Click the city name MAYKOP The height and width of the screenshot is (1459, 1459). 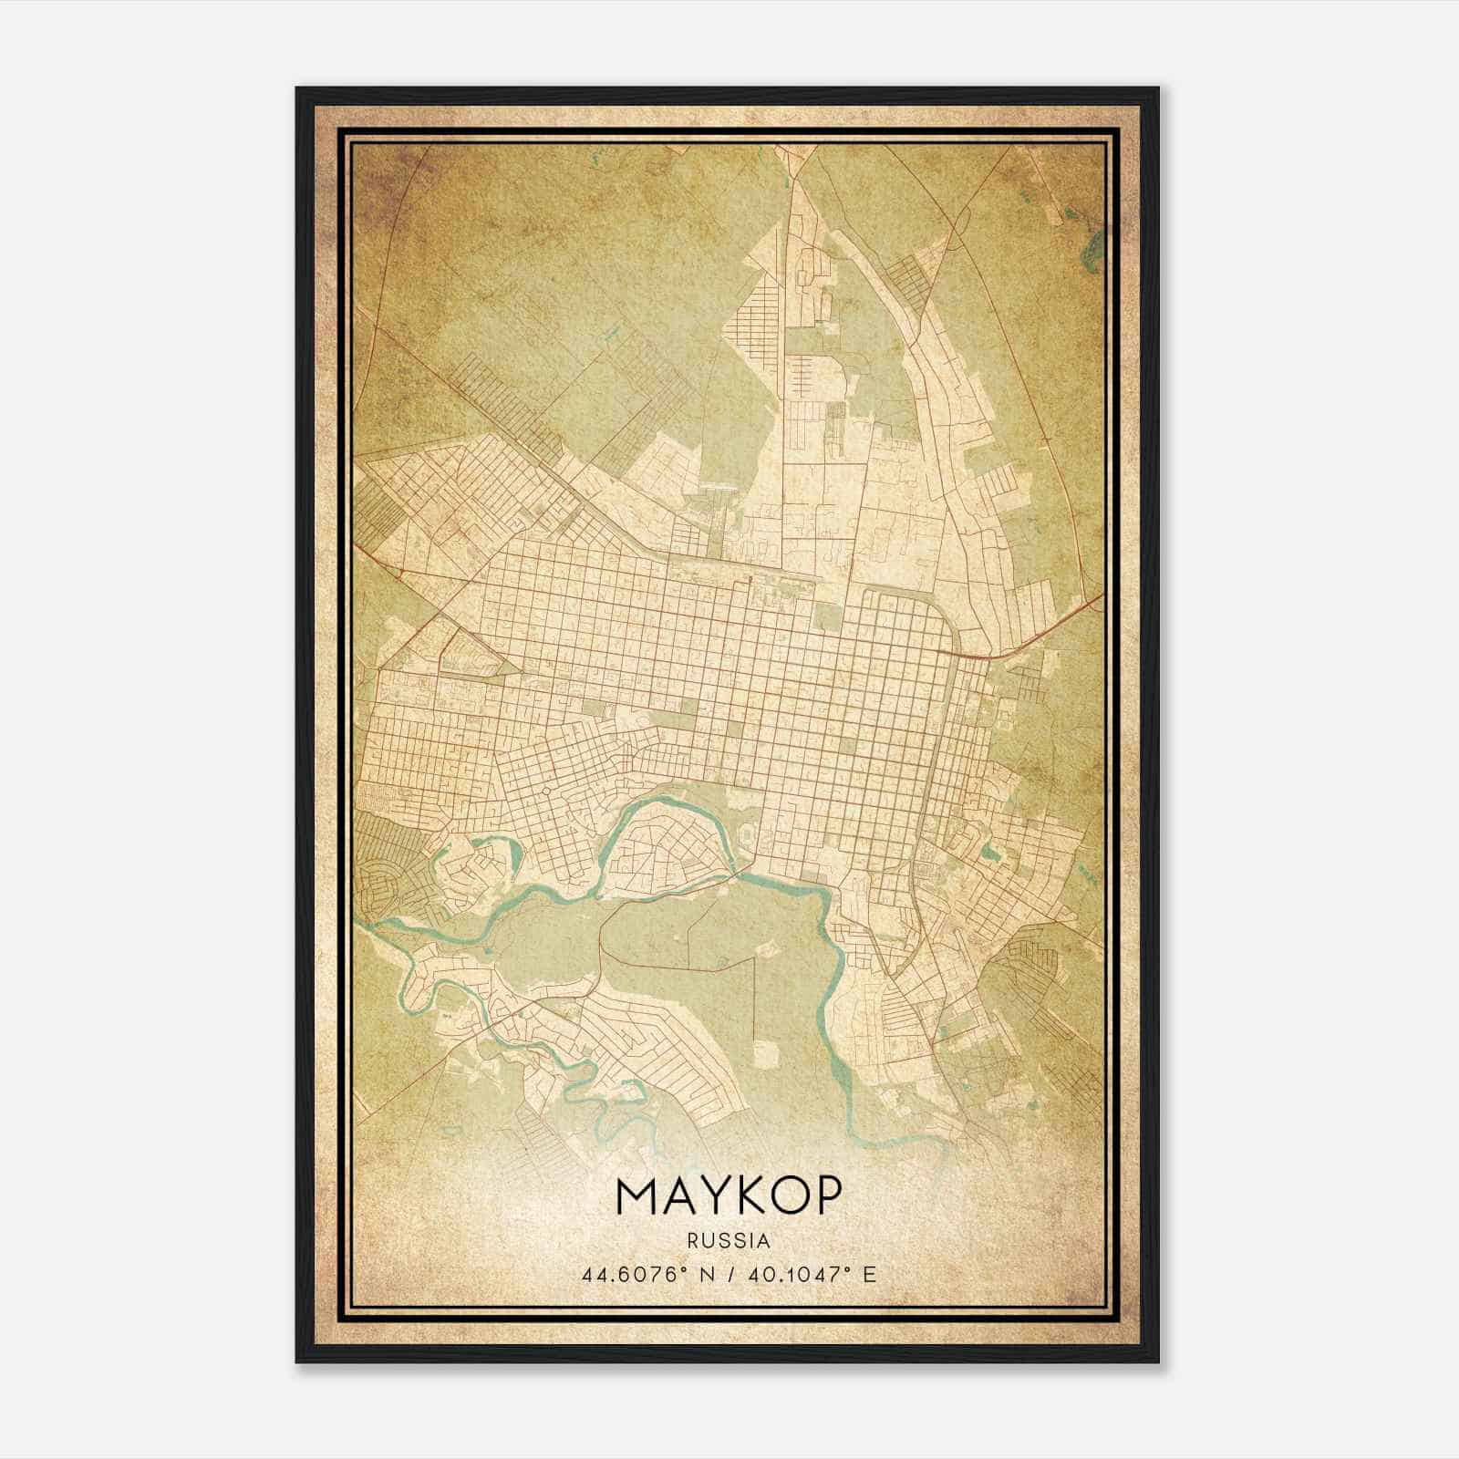click(x=729, y=1195)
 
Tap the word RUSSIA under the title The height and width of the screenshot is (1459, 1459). click(x=729, y=1241)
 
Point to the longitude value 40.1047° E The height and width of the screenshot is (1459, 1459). click(x=811, y=1274)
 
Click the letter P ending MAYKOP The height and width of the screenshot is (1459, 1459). click(x=823, y=1195)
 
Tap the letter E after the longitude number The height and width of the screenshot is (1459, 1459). click(x=870, y=1274)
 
